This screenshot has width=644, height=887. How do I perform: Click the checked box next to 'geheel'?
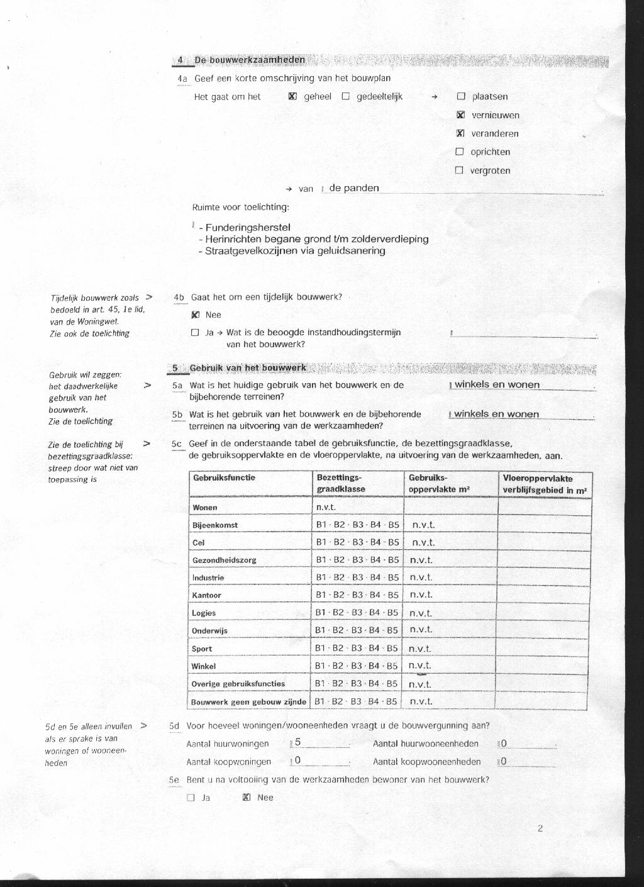coord(292,97)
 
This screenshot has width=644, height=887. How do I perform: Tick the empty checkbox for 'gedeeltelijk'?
coord(345,97)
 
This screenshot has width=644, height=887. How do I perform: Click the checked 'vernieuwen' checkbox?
coord(460,115)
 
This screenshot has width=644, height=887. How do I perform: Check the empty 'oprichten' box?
coord(459,152)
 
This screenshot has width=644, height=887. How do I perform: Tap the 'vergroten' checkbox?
coord(459,170)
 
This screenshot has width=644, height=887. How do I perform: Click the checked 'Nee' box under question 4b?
coord(195,315)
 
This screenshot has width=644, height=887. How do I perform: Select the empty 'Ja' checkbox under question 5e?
coord(191,798)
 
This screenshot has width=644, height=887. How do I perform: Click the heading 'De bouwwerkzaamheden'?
coord(250,60)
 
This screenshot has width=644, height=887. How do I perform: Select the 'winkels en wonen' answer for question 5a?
coord(497,385)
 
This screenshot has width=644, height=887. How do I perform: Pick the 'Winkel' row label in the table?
coord(204,666)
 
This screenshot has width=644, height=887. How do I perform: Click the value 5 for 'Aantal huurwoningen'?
coord(298,742)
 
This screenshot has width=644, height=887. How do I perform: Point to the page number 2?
coord(540,828)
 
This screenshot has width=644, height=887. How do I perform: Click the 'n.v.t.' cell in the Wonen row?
coord(326,507)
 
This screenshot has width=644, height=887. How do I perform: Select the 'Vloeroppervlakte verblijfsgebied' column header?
coord(545,484)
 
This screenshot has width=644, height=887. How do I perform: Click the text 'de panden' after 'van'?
coord(354,188)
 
